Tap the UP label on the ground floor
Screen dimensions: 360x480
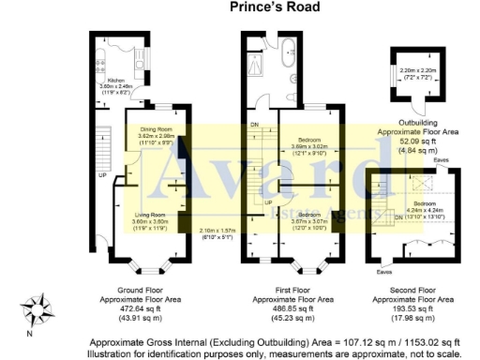pos(101,174)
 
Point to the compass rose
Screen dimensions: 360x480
pos(38,306)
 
